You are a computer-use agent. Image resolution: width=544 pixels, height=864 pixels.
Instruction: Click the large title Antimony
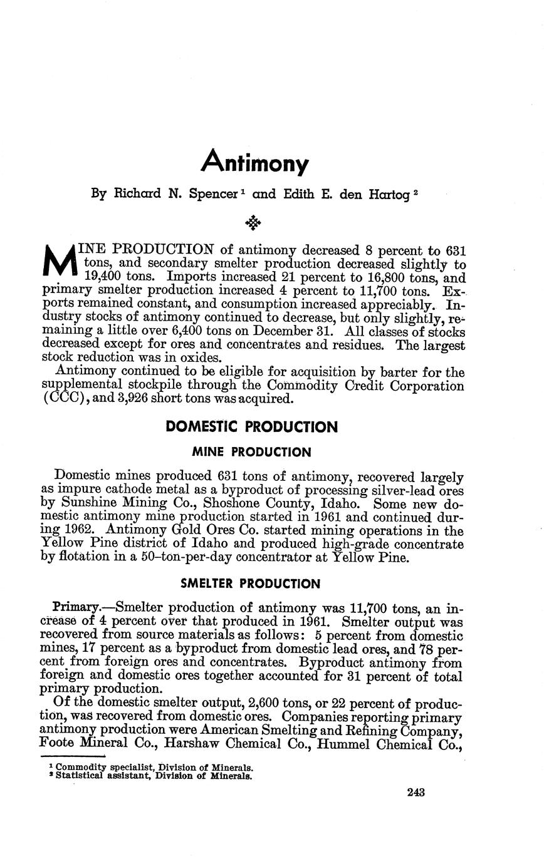(255, 162)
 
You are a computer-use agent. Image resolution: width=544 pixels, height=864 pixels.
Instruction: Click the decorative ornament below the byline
(253, 222)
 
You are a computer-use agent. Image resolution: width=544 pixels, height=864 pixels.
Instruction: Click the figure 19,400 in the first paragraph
(107, 277)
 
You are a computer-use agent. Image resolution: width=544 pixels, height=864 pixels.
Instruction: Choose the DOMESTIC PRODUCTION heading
(251, 427)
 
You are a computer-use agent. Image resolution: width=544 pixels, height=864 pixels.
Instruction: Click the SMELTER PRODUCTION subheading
(250, 584)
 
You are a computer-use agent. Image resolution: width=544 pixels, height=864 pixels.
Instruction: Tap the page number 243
(416, 792)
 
